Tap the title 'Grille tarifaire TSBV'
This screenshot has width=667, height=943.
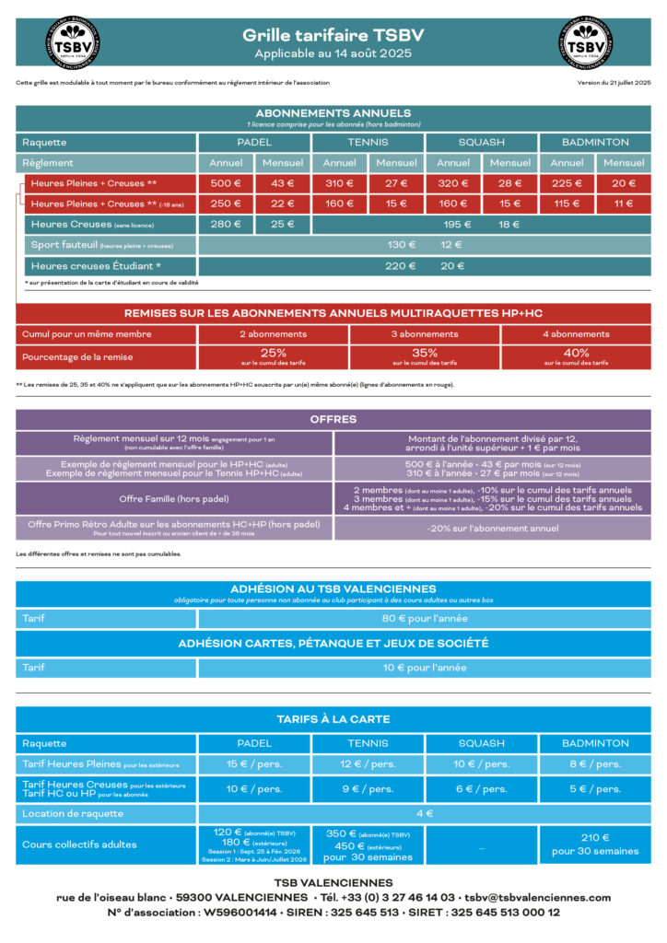tap(333, 35)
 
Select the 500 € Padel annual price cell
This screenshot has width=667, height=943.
tap(226, 183)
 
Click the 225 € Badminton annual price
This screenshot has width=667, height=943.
tap(566, 183)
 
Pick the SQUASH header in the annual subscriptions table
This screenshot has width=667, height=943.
tap(481, 143)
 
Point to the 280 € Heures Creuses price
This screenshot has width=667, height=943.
tap(226, 224)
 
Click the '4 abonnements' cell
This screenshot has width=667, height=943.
tap(576, 334)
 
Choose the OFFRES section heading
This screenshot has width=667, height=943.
tap(333, 419)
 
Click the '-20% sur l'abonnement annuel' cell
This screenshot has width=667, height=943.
tap(492, 529)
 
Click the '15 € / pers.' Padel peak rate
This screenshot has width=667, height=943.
tap(254, 764)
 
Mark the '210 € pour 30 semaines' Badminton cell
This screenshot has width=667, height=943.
tap(595, 844)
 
